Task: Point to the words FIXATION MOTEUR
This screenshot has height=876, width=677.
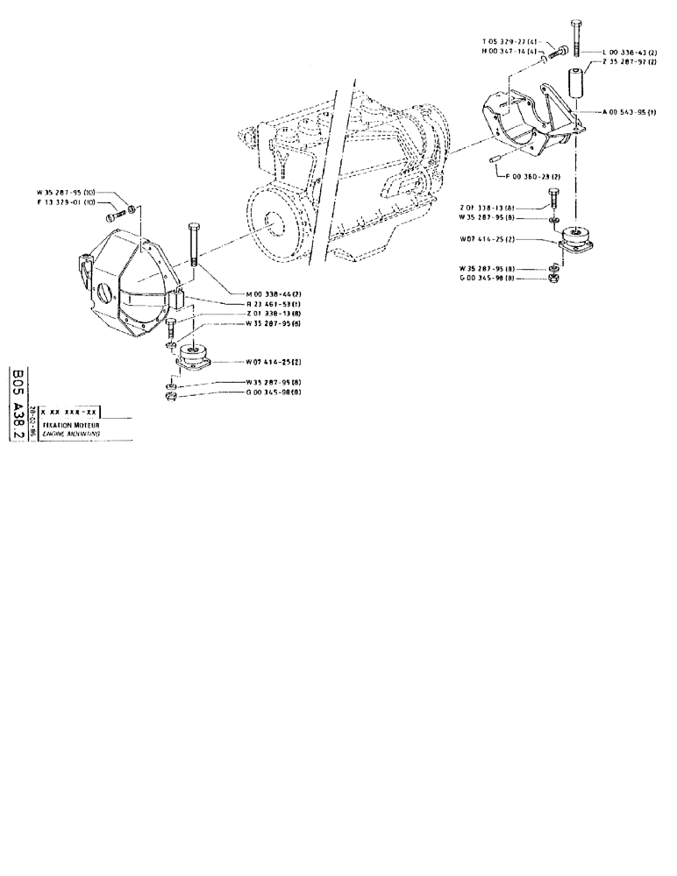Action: (76, 424)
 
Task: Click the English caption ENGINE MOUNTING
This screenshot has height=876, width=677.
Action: (75, 434)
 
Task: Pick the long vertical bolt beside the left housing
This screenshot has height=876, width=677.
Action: (192, 246)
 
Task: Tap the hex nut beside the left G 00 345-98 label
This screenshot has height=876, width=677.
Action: (171, 398)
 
